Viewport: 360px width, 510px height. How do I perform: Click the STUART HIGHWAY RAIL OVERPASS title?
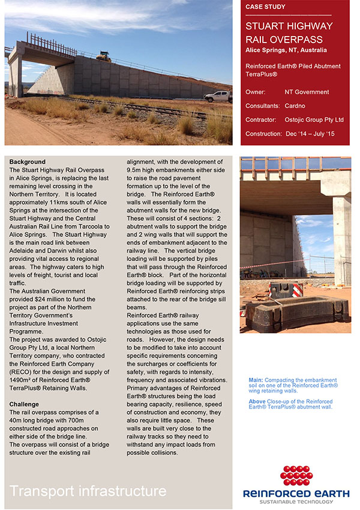tap(289, 32)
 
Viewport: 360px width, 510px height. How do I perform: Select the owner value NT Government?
tap(307, 92)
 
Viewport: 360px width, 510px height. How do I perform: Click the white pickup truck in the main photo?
tap(217, 96)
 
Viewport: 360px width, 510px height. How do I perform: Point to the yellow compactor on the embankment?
tap(104, 58)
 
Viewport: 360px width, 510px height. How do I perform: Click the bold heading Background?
tap(27, 162)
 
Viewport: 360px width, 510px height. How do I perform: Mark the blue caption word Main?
tap(256, 380)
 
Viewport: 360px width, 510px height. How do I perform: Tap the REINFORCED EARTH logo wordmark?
tap(296, 493)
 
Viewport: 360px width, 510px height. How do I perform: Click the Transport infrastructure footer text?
tap(88, 491)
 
